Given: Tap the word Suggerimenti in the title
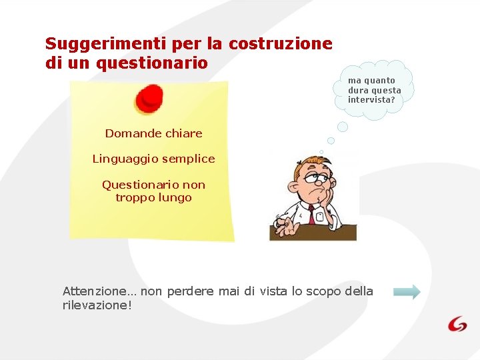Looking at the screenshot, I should point(106,44).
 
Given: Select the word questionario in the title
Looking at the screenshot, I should point(152,63).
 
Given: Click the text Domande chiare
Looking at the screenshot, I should point(153,133).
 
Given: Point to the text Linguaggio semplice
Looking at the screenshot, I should point(153,159).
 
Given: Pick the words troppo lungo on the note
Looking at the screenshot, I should point(153,197).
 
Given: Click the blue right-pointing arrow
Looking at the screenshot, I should point(407,292).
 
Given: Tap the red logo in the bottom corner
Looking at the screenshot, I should point(457,324).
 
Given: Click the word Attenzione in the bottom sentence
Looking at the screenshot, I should point(94,291).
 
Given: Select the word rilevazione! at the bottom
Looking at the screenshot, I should point(97,305).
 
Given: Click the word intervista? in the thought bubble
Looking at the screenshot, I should point(371,100).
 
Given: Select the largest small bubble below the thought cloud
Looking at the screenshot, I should point(343,127).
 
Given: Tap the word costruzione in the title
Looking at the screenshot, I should point(280,44).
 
